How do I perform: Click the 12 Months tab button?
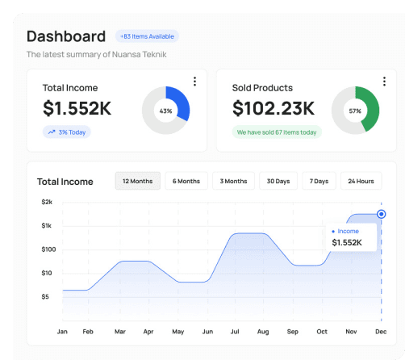137,181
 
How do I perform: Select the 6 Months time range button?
186,181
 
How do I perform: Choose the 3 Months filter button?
234,181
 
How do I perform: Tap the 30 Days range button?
278,181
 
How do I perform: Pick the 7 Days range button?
319,181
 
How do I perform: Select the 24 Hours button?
361,181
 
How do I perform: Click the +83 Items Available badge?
147,36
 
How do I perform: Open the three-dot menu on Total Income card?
194,82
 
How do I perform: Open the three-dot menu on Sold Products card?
383,82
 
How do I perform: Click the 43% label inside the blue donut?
165,111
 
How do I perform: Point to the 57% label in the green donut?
355,111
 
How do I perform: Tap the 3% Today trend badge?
67,132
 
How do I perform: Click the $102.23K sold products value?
273,108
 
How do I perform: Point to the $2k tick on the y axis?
47,202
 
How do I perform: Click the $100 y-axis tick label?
48,249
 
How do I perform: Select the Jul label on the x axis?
235,332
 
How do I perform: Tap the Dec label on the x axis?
380,332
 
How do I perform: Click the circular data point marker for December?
381,215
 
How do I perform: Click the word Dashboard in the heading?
66,36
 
